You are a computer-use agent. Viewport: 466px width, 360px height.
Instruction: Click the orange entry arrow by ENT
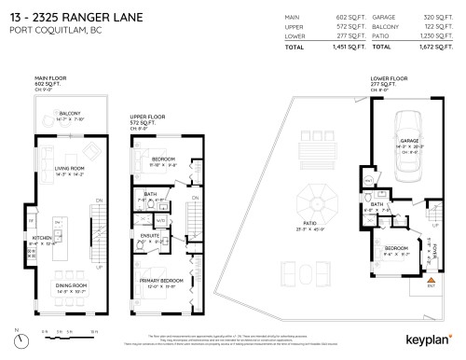click(431, 280)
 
